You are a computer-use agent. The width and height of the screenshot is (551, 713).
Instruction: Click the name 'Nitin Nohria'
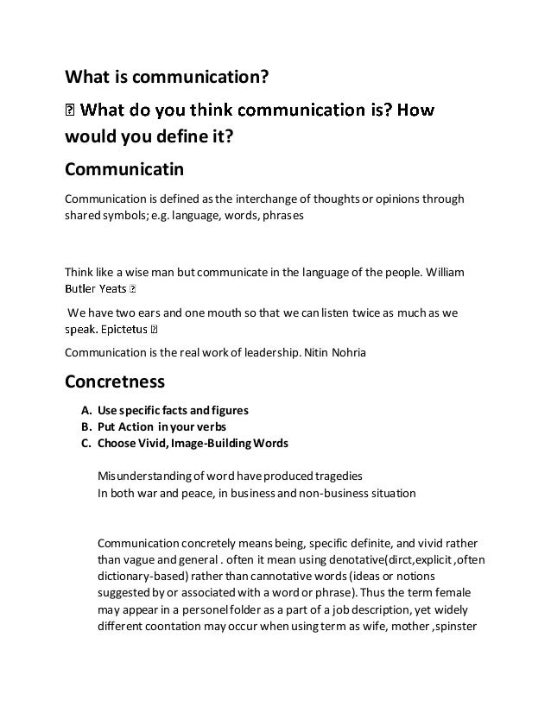(333, 352)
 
